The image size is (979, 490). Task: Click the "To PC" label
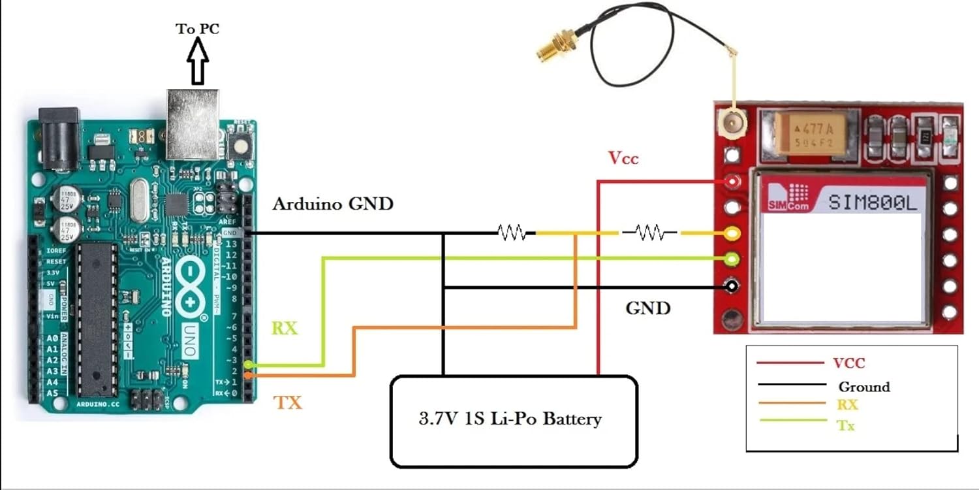click(x=197, y=29)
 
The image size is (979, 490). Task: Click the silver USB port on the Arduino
click(x=193, y=124)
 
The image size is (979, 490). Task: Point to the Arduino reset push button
click(x=243, y=146)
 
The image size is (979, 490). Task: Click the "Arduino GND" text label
click(x=333, y=204)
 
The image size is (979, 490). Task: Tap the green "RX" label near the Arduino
click(x=285, y=329)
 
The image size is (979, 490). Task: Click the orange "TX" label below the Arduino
click(x=288, y=402)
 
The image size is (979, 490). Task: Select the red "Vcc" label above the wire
click(x=623, y=157)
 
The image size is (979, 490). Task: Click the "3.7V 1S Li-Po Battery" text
click(x=510, y=418)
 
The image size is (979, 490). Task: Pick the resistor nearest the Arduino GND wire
click(x=512, y=232)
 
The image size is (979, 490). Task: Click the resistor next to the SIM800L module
click(x=649, y=232)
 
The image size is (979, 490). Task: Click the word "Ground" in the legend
click(x=864, y=387)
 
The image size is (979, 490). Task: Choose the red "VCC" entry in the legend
click(x=848, y=363)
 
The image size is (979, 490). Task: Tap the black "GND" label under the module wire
click(x=647, y=308)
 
